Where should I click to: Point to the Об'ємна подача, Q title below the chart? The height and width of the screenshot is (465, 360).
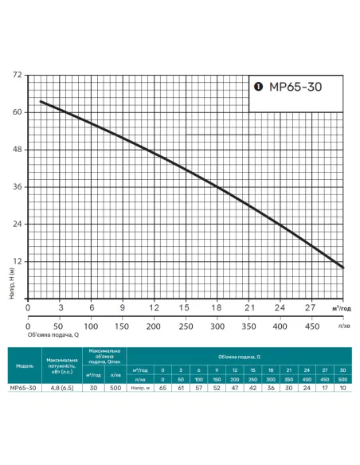click(55, 336)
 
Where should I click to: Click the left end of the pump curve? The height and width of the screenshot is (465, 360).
click(41, 101)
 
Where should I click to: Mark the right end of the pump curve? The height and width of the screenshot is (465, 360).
click(343, 268)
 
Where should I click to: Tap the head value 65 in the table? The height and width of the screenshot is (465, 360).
click(162, 388)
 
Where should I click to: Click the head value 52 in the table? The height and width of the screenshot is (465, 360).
click(217, 388)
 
